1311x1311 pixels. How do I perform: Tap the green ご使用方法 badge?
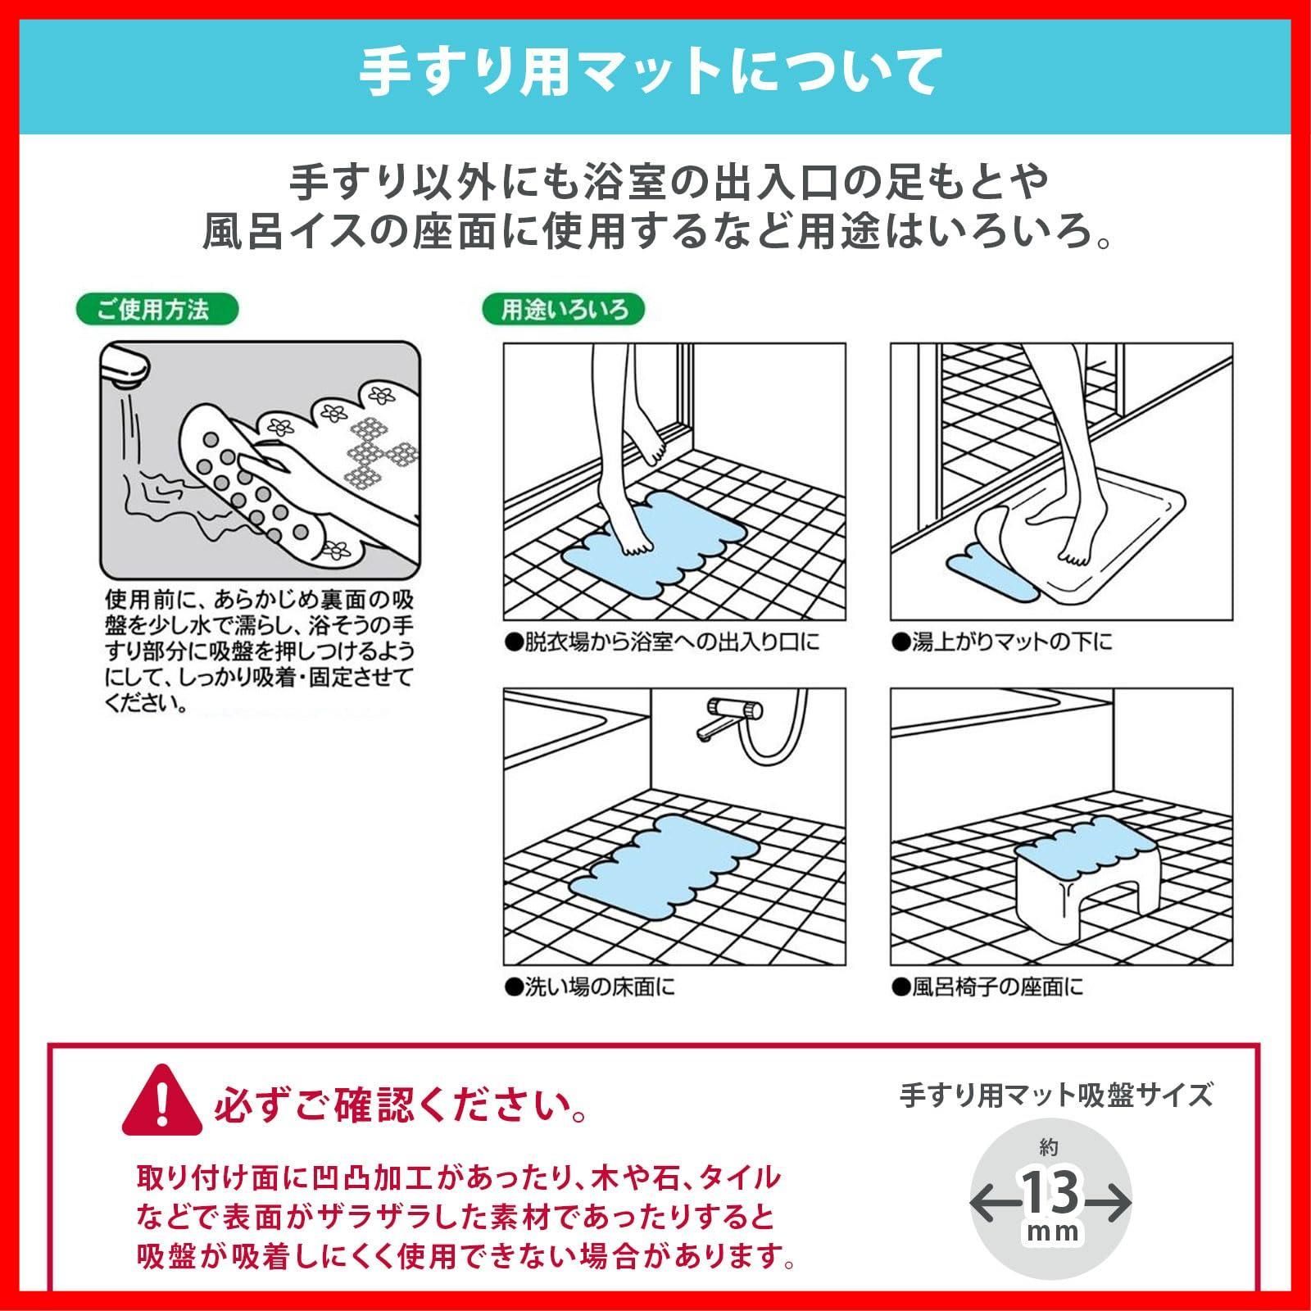pyautogui.click(x=157, y=310)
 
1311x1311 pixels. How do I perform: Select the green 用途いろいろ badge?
pyautogui.click(x=564, y=310)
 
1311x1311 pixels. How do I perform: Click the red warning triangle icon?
pyautogui.click(x=161, y=1101)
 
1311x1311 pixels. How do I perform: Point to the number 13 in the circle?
pyautogui.click(x=1050, y=1193)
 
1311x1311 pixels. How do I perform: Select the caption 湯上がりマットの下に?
pyautogui.click(x=1002, y=642)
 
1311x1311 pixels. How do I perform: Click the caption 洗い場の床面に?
pyautogui.click(x=590, y=987)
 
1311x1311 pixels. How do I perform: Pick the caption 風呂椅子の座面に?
pyautogui.click(x=987, y=987)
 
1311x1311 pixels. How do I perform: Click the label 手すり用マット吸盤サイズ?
pyautogui.click(x=1056, y=1095)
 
